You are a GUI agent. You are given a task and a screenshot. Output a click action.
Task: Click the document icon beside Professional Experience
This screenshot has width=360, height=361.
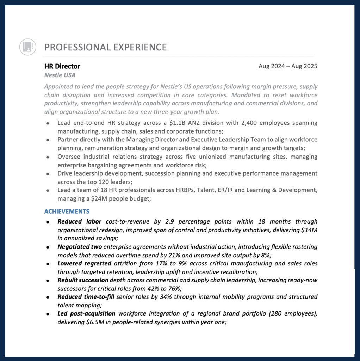pos(27,47)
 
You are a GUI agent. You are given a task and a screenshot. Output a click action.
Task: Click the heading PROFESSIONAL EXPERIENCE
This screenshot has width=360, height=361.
pos(106,47)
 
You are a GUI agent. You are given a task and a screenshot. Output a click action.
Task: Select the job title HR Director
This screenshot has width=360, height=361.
pos(62,66)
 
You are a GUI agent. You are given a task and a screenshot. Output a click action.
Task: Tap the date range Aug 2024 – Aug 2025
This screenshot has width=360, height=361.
pos(288,66)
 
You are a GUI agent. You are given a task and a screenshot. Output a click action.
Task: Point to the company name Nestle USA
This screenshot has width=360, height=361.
pos(60,75)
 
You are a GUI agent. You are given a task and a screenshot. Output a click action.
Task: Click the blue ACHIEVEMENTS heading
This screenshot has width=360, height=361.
pos(67,212)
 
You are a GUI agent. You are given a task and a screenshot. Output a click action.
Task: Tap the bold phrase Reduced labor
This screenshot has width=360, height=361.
pos(79,222)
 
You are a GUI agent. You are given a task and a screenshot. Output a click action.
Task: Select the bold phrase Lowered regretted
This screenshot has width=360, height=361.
pos(85,263)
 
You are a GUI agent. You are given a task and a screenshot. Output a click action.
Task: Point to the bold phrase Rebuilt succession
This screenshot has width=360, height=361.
pos(83,280)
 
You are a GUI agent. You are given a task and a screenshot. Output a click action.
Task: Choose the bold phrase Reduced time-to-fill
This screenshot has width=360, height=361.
pos(86,297)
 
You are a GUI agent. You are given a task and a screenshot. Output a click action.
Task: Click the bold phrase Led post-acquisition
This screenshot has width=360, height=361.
pos(86,313)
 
